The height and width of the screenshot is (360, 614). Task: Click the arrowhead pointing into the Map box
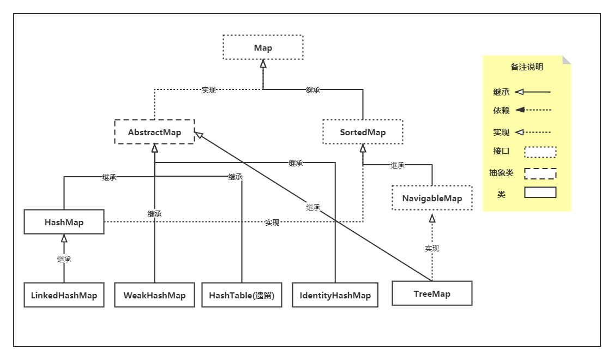263,63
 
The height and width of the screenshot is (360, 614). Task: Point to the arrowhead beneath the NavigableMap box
432,218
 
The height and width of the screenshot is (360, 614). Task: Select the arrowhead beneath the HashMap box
64,238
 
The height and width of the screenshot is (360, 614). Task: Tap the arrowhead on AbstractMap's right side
199,135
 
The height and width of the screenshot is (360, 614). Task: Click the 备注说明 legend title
527,67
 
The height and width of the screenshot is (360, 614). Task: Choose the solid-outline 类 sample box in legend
540,193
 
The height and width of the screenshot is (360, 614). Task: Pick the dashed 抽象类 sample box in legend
540,173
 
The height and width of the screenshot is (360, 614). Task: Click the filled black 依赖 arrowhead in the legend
520,110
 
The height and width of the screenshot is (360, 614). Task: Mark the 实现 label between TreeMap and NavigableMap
432,248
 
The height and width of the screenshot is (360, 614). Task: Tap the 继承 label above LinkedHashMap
64,259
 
